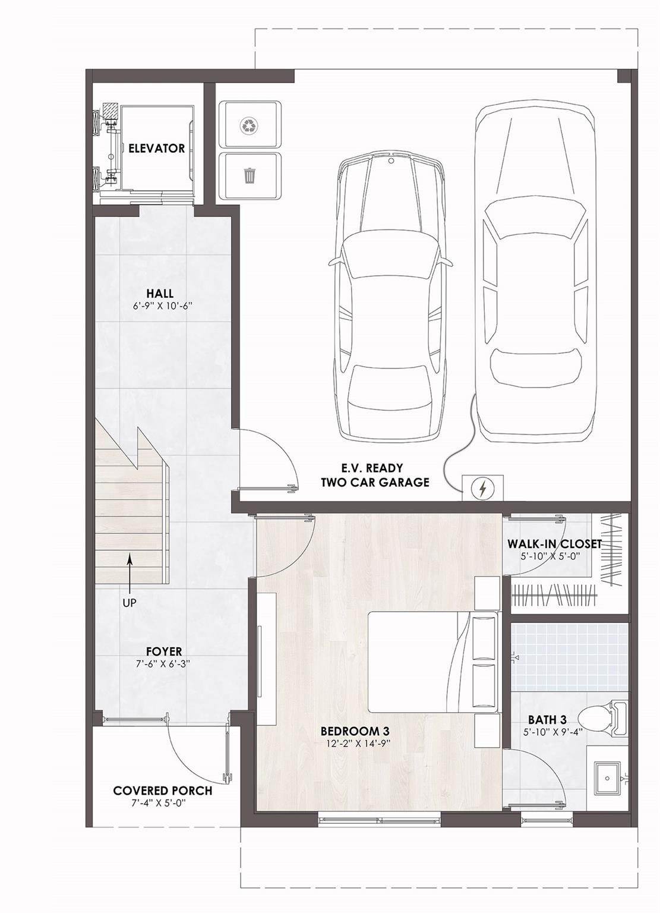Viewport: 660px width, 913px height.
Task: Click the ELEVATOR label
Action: [156, 149]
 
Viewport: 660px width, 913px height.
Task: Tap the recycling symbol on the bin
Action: [250, 125]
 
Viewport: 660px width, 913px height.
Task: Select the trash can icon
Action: [250, 175]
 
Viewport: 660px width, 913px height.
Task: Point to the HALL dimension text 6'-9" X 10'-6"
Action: [162, 306]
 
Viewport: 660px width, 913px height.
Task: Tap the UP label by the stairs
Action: [129, 602]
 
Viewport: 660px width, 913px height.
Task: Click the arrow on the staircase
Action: [130, 573]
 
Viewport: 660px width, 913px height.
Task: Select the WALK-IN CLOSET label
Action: [554, 544]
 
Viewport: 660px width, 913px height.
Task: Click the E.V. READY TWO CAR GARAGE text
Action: [375, 475]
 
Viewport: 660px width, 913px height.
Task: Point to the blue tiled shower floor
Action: [569, 657]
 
